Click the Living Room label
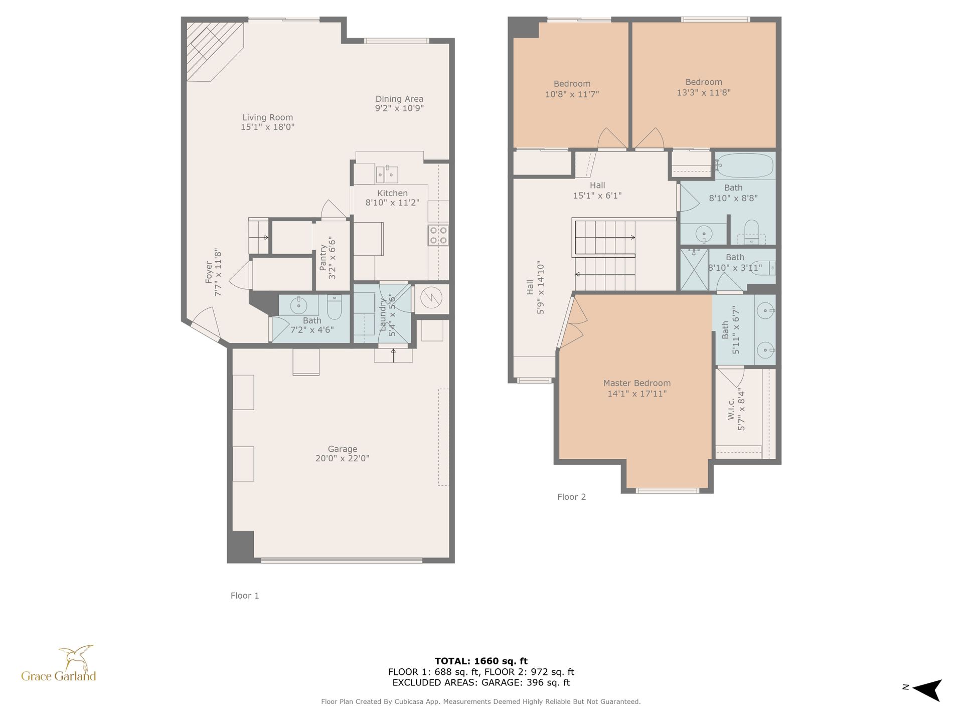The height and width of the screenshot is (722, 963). click(267, 117)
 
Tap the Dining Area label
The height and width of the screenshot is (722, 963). click(399, 99)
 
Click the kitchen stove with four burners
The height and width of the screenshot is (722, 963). click(438, 235)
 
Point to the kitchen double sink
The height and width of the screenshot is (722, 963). click(387, 174)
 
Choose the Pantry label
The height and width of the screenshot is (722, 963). click(323, 258)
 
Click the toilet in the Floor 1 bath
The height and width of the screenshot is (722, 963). click(335, 306)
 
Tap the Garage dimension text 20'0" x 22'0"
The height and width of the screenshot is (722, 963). click(342, 458)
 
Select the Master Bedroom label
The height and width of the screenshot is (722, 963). click(637, 383)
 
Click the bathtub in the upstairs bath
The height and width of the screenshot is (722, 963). click(744, 165)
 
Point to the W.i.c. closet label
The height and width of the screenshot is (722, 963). click(731, 409)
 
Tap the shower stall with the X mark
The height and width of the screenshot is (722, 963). click(694, 269)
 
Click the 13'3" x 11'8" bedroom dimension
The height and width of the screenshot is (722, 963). click(704, 92)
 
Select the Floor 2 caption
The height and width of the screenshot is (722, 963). click(571, 497)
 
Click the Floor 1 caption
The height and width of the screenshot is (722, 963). click(245, 596)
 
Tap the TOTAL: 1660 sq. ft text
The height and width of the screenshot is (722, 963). click(481, 661)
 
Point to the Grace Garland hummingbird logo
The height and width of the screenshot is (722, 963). click(76, 658)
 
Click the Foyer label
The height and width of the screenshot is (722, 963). click(209, 273)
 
